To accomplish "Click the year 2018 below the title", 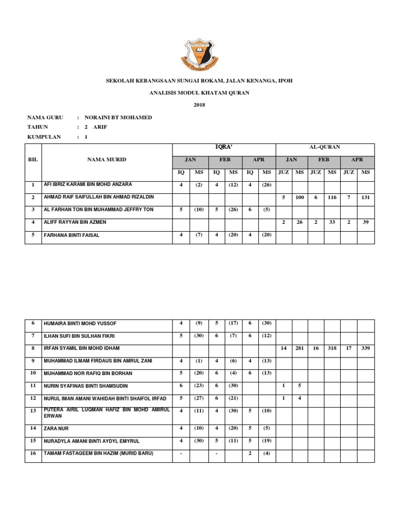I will click(199, 105).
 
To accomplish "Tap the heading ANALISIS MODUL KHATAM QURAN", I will click(199, 92).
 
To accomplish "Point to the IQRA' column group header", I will click(223, 148).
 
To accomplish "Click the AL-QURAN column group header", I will click(324, 148).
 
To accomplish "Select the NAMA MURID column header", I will click(107, 159).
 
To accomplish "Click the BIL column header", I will click(33, 159).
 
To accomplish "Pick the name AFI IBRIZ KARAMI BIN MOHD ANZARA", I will click(88, 184).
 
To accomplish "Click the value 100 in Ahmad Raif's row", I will click(300, 198).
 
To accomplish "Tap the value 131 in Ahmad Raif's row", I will click(366, 198).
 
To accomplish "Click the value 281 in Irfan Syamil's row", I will click(300, 348).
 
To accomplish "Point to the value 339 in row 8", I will click(366, 348).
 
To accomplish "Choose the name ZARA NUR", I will click(57, 429).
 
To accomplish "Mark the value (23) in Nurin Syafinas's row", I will click(198, 386).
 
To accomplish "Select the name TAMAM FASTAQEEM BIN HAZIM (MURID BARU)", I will click(99, 454).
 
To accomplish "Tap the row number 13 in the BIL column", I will click(33, 411).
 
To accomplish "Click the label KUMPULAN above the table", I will click(44, 137).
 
